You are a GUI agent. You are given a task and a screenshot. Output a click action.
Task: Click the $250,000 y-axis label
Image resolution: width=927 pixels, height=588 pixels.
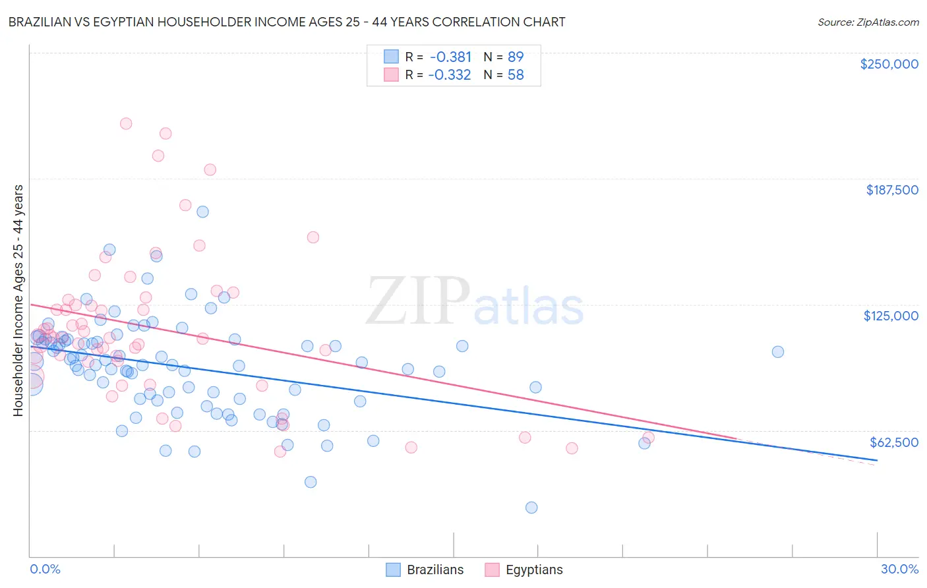pos(889,64)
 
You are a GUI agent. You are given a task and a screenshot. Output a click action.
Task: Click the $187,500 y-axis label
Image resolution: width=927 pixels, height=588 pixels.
pos(891,190)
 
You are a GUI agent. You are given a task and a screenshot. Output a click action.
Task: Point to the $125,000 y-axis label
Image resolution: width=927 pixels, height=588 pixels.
pos(891,316)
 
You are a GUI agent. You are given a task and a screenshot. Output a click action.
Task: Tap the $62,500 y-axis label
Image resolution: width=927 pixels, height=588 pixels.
pos(893,442)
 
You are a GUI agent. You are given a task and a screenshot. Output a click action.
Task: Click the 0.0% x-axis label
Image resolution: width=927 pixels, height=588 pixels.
pos(45,569)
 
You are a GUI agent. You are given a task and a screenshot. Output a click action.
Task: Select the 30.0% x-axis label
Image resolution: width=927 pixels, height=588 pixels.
pos(899,569)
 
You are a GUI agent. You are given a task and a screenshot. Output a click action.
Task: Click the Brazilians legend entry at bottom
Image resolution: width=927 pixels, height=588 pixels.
pos(425,570)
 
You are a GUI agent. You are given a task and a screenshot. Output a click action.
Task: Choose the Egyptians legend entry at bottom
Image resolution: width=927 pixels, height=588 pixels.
pos(523,570)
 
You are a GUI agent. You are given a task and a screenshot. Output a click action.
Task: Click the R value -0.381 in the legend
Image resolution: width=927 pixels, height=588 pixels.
pos(450,57)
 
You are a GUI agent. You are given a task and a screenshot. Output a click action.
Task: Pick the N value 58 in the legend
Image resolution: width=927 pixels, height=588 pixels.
pos(516,74)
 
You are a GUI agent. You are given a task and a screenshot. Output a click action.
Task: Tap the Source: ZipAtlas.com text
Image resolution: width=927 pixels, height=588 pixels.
pos(868,22)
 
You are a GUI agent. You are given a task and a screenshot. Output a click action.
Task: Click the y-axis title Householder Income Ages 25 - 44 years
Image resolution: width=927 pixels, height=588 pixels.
pos(18,300)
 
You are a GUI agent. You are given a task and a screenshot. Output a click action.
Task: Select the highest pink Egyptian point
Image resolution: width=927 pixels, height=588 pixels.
pos(126,123)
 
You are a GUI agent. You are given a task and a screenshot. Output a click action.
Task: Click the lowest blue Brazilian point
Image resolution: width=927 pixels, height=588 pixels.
pos(531,507)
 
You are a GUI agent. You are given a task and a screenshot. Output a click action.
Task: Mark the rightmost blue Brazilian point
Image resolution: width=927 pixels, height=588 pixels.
pos(778,351)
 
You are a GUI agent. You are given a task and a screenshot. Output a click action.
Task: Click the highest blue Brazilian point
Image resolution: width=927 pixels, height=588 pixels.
pos(203,212)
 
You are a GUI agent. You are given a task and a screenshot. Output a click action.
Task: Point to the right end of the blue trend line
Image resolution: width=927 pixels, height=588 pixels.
pos(877,459)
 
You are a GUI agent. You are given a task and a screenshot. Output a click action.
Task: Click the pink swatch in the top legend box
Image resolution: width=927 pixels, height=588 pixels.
pos(391,74)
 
